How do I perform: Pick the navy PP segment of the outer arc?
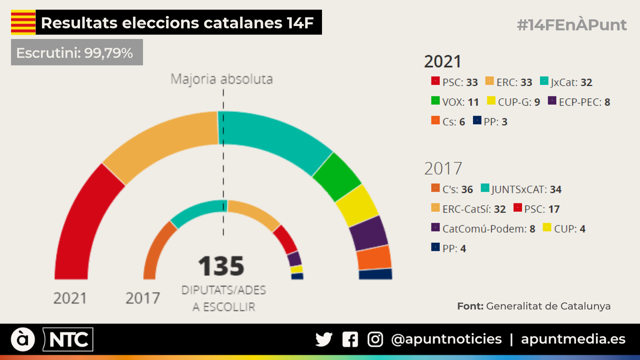point(375,274)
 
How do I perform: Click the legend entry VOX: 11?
point(455,102)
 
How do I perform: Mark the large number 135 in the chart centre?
point(221,266)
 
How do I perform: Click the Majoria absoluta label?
point(222,79)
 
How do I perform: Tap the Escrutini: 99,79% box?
point(77,52)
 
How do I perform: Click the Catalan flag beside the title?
point(23,22)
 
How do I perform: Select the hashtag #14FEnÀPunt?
point(571,25)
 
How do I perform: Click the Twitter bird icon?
point(324,339)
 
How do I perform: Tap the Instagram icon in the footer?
point(375,339)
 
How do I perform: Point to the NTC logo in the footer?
point(68,340)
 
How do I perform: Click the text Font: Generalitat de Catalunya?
point(534,306)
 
